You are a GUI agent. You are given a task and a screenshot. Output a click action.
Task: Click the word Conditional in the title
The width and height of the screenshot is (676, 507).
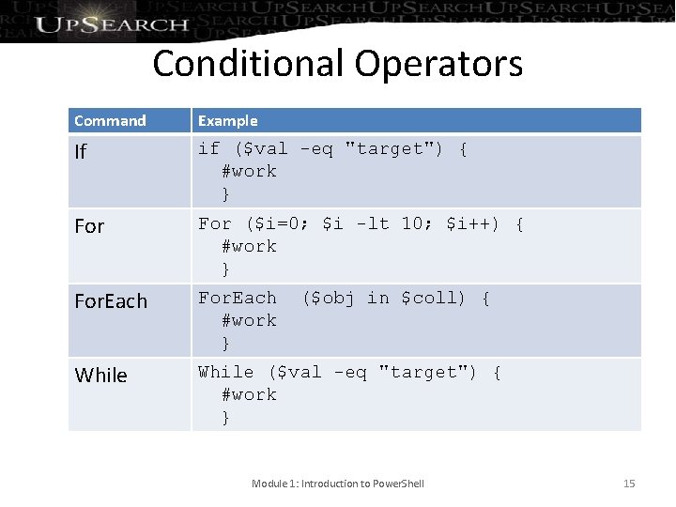point(249,64)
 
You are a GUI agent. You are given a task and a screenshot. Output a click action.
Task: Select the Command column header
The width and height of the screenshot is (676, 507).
point(110,120)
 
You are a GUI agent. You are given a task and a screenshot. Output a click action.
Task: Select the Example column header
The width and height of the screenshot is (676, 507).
point(227,120)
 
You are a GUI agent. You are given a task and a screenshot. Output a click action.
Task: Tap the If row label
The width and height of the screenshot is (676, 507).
point(80,151)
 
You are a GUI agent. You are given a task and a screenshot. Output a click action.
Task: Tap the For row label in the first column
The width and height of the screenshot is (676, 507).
point(89,226)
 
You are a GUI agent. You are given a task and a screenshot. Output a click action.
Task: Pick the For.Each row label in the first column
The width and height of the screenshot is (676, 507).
point(111,301)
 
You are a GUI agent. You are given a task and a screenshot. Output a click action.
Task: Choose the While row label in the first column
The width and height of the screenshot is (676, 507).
point(100,376)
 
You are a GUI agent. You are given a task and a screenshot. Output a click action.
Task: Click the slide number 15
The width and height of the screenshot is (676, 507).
point(629,484)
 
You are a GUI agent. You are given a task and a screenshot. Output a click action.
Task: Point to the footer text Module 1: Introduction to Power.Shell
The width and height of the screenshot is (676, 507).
point(338,484)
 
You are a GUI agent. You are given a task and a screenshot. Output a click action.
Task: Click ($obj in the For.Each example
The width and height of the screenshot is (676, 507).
point(328,298)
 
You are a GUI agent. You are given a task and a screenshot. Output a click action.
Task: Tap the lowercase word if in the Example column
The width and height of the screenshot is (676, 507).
point(208,148)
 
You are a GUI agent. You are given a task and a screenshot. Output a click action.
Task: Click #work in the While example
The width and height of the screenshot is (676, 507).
point(249,394)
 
